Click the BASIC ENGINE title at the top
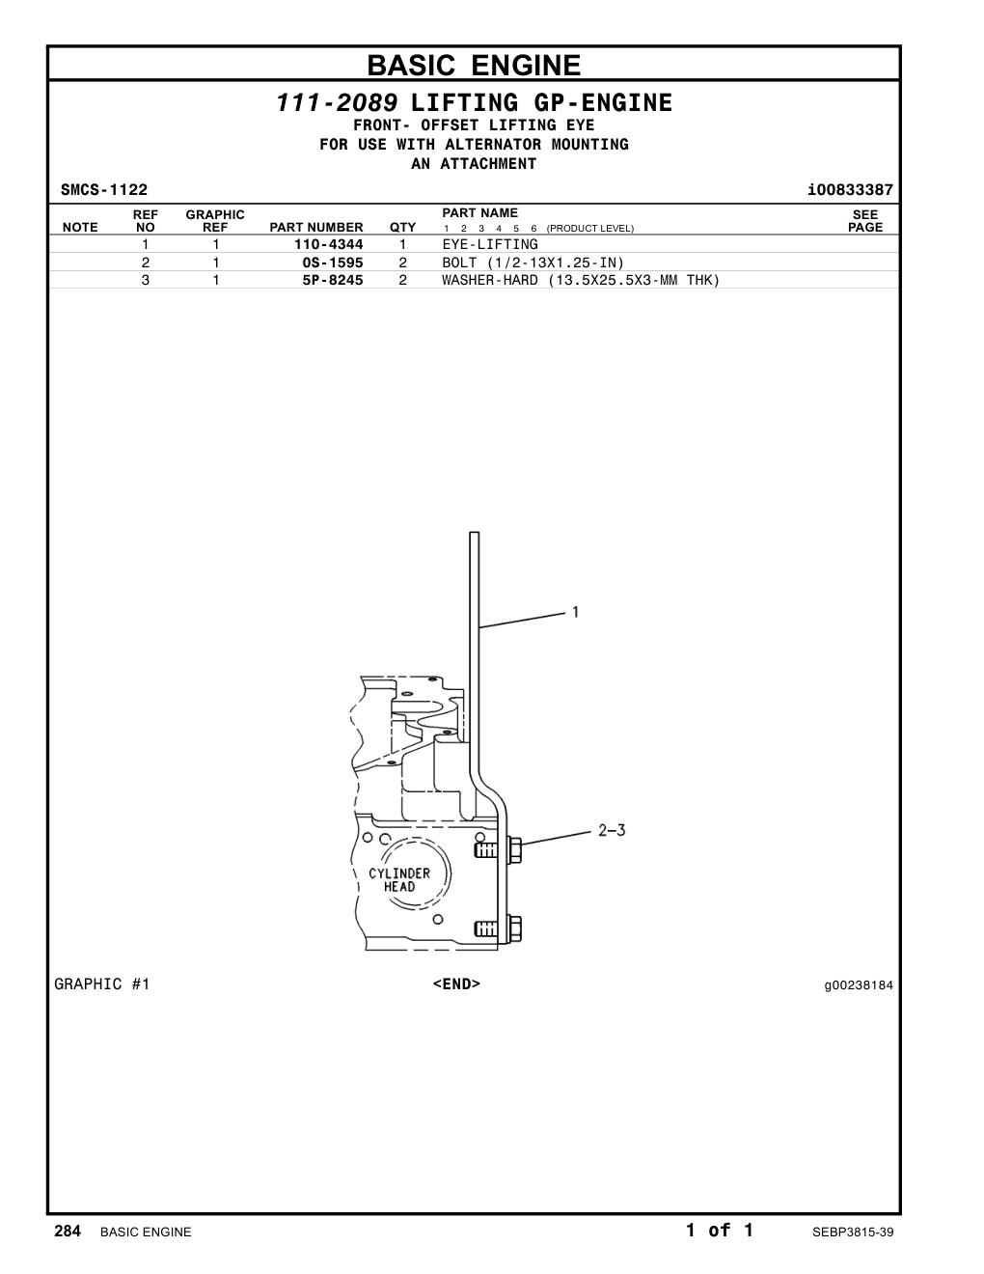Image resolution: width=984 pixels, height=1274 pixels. (474, 65)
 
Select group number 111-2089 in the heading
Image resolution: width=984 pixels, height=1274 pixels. (337, 103)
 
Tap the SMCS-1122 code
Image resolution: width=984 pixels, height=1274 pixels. (104, 189)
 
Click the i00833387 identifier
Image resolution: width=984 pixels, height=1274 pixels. (850, 189)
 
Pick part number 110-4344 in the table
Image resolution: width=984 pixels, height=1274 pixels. (328, 244)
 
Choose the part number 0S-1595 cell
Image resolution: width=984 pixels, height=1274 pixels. (332, 263)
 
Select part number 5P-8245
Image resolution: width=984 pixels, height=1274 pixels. (332, 280)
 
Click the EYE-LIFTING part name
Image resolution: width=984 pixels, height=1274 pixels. (490, 244)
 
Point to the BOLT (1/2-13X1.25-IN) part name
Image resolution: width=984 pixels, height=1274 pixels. (533, 263)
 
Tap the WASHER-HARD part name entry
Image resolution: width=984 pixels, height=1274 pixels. (580, 280)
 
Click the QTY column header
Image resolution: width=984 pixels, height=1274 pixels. (402, 227)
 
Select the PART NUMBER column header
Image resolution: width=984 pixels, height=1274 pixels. (315, 227)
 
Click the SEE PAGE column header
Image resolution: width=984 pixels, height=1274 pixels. (865, 221)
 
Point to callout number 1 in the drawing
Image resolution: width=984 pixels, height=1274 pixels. (576, 612)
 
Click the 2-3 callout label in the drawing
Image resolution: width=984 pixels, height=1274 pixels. (612, 830)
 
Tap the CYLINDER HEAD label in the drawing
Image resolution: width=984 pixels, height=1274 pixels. (399, 880)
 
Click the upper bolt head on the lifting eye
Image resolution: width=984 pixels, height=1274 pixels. (514, 849)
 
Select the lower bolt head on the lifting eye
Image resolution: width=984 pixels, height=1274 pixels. (514, 928)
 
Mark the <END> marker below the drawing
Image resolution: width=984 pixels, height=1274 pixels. (456, 983)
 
